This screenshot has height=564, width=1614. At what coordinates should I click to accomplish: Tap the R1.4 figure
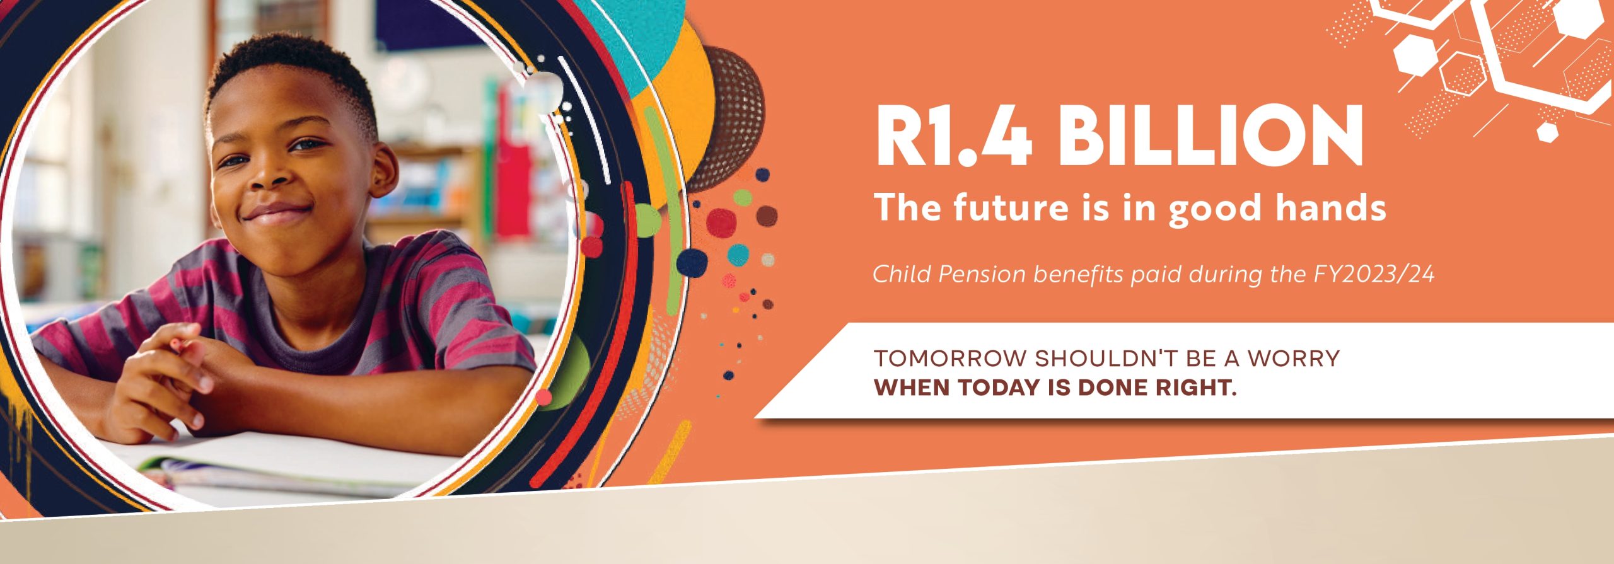[954, 136]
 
